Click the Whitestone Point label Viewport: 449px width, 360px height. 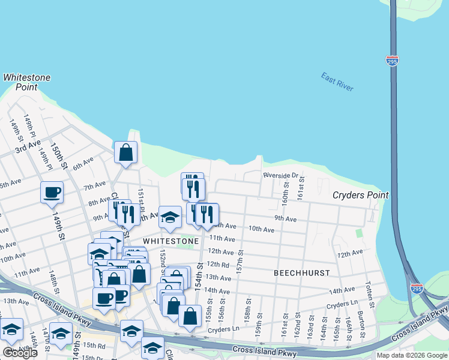(x=27, y=82)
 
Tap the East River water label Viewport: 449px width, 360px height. (x=337, y=82)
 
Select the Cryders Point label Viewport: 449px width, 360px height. (x=361, y=195)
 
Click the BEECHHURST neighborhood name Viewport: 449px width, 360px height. (x=301, y=272)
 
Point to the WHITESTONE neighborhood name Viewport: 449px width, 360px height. (x=170, y=241)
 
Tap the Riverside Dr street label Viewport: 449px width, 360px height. (x=280, y=175)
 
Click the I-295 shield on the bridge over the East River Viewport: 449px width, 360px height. (x=392, y=61)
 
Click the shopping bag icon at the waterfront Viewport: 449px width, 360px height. (x=126, y=153)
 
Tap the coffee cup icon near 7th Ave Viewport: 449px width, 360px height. (x=52, y=193)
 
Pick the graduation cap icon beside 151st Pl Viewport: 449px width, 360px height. (x=170, y=217)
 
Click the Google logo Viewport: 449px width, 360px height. (x=20, y=353)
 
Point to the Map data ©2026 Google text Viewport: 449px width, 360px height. (x=411, y=355)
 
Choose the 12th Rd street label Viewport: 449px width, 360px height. (x=217, y=264)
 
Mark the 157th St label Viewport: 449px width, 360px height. (x=239, y=262)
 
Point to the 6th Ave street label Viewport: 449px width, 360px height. (x=83, y=163)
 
